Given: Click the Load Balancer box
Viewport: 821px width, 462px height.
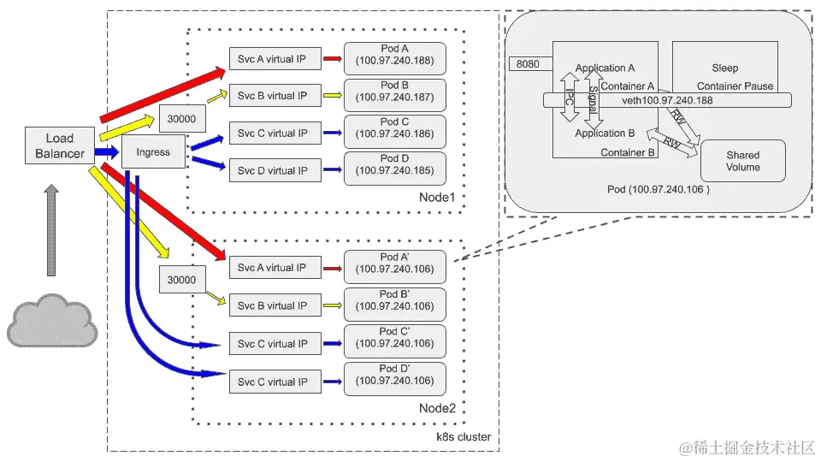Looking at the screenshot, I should coord(60,146).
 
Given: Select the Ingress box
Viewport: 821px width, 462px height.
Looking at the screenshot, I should coord(153,152).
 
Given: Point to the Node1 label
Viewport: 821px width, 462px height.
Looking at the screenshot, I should coord(438,198).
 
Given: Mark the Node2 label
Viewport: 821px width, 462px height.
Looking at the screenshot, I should coord(438,408).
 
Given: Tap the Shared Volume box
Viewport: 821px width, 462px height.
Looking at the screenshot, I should coord(742,161).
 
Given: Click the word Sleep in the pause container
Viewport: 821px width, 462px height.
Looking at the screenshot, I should coord(724,68).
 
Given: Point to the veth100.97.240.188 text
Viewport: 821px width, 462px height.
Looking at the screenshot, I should coord(667,100).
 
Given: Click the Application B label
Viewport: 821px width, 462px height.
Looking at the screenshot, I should coord(605,133).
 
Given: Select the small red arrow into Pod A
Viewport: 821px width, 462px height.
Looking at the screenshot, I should coord(333,60).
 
